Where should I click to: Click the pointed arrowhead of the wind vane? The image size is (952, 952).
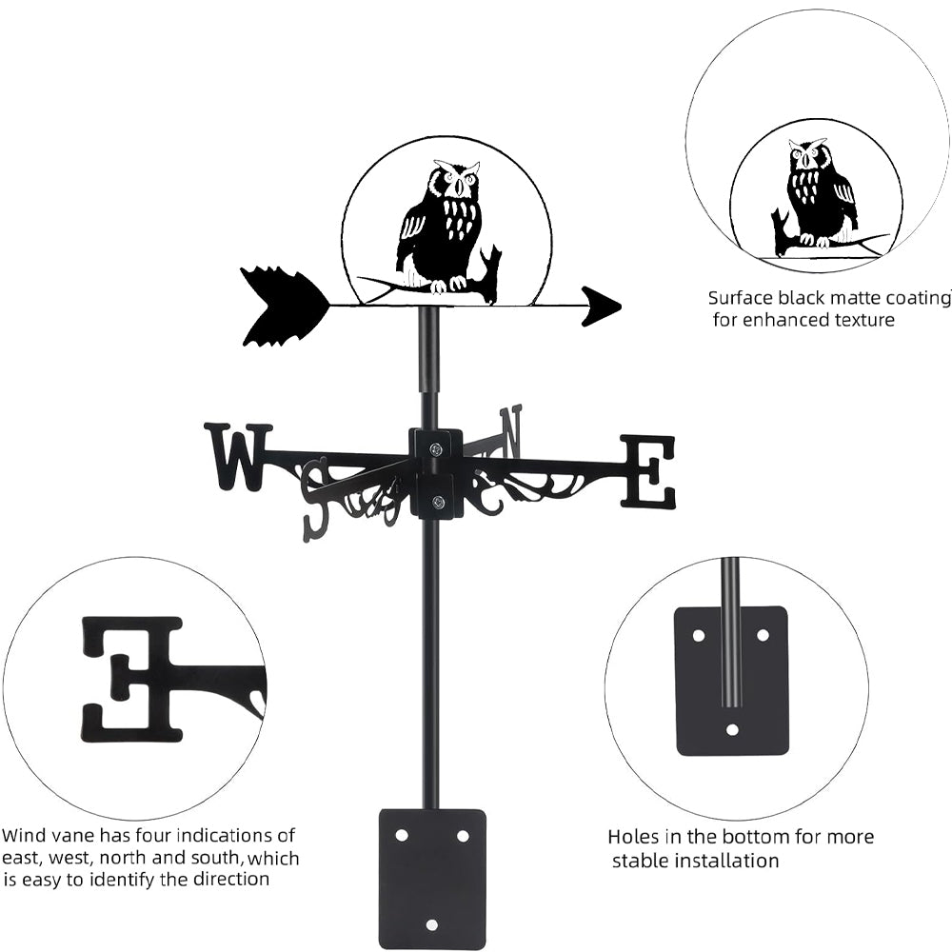pos(602,306)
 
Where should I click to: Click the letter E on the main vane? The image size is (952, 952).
pos(648,471)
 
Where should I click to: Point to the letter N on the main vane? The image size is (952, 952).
pos(511,430)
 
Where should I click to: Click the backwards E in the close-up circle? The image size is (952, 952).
pos(131,679)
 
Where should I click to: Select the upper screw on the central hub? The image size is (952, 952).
pos(436,449)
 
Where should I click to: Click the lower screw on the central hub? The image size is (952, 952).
pos(437,502)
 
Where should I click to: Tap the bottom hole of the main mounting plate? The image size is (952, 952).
pos(431,924)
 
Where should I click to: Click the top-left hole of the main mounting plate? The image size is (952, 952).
pos(401,835)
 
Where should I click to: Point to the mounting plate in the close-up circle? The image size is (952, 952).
pos(731,680)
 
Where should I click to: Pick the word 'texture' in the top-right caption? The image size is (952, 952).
pos(861,320)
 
